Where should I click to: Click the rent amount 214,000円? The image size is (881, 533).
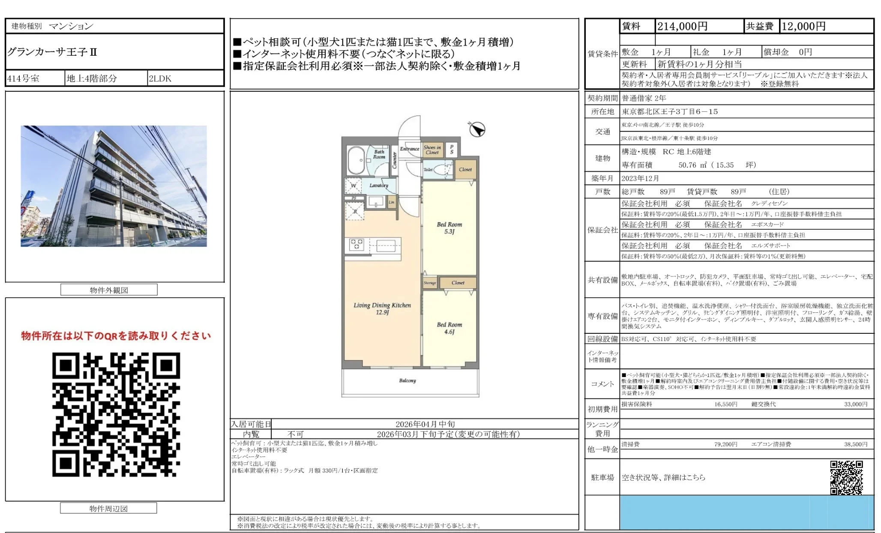[682, 27]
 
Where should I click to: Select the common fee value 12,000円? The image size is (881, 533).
[803, 27]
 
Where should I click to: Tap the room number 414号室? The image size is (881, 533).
[23, 78]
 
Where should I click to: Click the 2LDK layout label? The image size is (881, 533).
[160, 78]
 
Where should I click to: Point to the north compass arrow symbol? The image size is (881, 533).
[476, 129]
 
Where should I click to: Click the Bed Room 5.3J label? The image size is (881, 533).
[449, 228]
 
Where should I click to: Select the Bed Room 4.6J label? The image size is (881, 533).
[449, 328]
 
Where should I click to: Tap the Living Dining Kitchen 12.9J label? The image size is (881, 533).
[382, 308]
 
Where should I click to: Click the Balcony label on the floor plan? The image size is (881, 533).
[407, 380]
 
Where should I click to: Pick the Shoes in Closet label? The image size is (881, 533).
[432, 150]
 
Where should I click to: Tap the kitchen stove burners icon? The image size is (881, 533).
[357, 245]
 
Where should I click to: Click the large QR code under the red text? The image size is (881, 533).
[116, 414]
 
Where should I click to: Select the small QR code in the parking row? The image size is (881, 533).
[846, 477]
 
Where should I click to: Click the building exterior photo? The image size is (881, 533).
[114, 186]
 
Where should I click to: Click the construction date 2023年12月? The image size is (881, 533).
[640, 178]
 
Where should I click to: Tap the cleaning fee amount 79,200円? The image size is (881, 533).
[725, 444]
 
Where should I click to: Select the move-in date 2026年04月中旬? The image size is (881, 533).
[425, 424]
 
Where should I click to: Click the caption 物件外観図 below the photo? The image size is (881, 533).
[109, 290]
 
